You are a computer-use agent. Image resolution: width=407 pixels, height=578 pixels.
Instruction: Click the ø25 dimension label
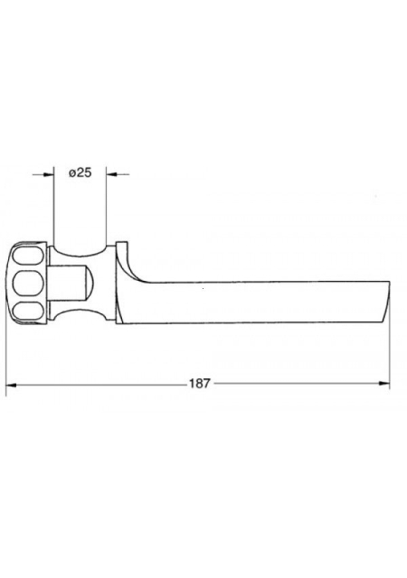pyautogui.click(x=80, y=172)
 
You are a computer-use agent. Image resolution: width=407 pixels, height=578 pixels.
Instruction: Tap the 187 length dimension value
pyautogui.click(x=200, y=383)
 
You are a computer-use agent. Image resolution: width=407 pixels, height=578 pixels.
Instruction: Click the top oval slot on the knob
pyautogui.click(x=28, y=256)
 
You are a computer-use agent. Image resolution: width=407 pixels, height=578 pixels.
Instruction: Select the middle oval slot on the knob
pyautogui.click(x=28, y=283)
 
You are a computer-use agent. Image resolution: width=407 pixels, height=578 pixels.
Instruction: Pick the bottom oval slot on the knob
pyautogui.click(x=28, y=311)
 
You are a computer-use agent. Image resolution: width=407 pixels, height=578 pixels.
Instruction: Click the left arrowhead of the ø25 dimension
pyautogui.click(x=49, y=174)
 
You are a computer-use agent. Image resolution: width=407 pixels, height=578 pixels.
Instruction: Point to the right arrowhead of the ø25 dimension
pyautogui.click(x=111, y=174)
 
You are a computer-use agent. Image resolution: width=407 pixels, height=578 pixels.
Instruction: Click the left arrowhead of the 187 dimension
pyautogui.click(x=11, y=384)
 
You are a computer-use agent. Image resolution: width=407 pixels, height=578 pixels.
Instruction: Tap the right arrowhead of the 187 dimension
pyautogui.click(x=384, y=384)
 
